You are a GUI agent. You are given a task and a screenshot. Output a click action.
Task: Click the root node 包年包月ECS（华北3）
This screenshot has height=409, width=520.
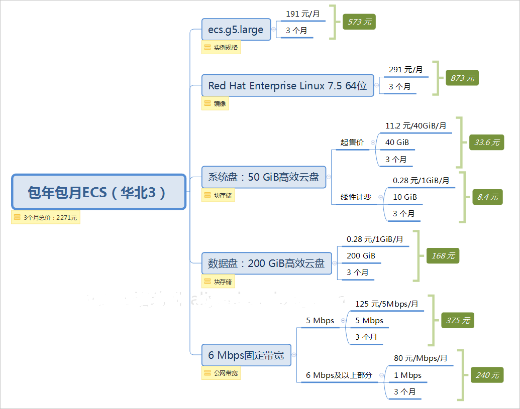point(98,192)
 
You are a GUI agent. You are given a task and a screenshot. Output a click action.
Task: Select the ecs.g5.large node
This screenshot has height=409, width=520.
point(236,30)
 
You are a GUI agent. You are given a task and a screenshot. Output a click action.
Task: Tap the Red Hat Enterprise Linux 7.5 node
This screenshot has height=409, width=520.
point(287,86)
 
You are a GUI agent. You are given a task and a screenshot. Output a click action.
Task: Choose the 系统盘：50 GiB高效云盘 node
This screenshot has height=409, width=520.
point(263,177)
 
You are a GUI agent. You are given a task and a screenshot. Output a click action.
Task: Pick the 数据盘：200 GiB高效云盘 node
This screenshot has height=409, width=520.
point(266,263)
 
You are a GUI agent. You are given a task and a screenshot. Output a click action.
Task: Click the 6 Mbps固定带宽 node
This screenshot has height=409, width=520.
point(246,355)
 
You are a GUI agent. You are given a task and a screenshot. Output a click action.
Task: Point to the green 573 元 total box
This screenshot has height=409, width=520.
point(359,22)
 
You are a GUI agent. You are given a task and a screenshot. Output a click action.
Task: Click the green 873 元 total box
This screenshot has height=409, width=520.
point(462,78)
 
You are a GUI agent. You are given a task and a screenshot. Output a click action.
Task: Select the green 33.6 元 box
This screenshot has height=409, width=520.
point(486,143)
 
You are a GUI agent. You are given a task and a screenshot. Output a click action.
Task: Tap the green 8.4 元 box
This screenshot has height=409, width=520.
point(487,197)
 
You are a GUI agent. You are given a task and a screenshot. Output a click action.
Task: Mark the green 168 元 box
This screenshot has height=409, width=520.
point(443,256)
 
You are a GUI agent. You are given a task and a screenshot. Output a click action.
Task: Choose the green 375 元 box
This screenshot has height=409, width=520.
point(457,320)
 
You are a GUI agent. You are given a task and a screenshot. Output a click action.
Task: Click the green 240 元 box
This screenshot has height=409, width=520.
point(487,375)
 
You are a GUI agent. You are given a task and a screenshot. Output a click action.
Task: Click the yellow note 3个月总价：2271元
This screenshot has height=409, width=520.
point(46,217)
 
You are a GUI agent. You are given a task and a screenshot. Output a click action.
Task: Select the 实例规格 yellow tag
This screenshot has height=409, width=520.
point(221,48)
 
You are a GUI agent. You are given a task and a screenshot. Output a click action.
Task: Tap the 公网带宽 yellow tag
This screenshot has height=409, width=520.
point(221,373)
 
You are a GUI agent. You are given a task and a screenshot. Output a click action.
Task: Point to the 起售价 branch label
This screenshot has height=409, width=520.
point(352,143)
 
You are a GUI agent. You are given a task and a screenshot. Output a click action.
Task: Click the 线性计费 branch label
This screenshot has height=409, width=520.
point(356,197)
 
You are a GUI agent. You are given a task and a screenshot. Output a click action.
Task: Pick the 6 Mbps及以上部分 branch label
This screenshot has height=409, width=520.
point(339,375)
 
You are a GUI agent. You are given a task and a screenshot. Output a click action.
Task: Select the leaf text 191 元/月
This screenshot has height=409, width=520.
point(302,14)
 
